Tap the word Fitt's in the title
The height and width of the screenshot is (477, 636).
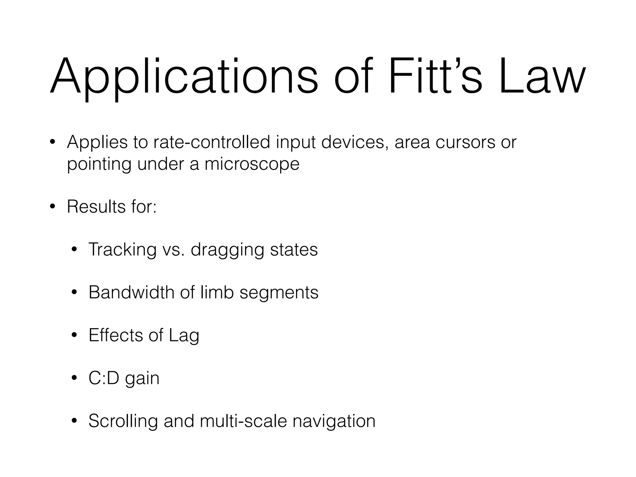[435, 76]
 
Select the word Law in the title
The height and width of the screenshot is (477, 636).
[542, 76]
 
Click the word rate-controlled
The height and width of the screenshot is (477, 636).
[212, 142]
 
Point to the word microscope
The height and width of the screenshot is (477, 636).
[252, 164]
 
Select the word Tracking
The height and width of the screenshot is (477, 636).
[122, 249]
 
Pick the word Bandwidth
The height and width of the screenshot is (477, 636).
[131, 292]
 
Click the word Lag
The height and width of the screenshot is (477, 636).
[184, 336]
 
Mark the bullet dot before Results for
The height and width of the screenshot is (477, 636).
[52, 207]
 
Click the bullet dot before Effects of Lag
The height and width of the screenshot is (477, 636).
[74, 336]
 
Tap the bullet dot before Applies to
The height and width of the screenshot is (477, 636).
[52, 143]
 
